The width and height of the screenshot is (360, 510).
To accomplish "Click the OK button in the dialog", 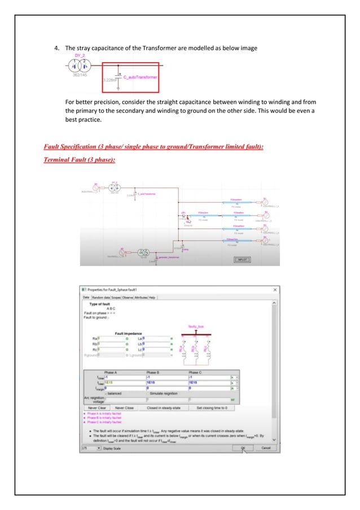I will pos(242,448).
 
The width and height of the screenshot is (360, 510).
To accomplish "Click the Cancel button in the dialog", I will pos(265,448).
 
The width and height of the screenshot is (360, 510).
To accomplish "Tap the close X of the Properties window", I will pos(275,290).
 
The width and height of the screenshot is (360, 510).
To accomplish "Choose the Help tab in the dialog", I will pos(152,297).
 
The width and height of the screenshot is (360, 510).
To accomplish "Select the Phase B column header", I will pos(154,373).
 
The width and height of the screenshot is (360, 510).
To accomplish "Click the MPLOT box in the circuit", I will pos(243,260).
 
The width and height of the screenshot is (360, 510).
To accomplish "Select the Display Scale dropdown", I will pos(91,448).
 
